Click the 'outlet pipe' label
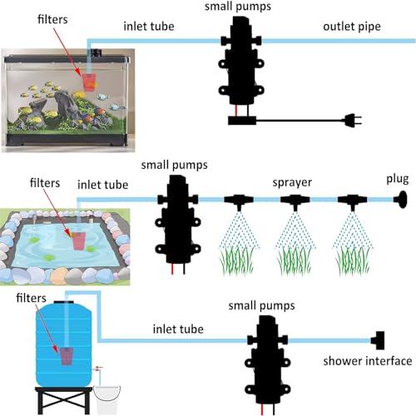coord(352,27)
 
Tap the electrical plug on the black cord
coord(353,121)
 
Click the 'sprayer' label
coord(292,182)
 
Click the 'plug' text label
coord(398,180)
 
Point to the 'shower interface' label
coord(368,361)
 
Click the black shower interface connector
coord(378,340)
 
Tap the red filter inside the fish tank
coord(89,82)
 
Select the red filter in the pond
coord(79,240)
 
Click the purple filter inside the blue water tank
coord(67,356)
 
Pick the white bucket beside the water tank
coord(106,399)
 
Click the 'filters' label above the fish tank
coord(52,19)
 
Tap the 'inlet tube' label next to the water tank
coord(178,329)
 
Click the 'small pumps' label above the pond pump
coord(174,165)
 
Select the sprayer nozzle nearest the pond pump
coord(239,201)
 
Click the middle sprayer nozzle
coord(295,201)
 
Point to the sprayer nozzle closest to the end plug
coord(352,201)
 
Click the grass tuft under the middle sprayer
coord(295,261)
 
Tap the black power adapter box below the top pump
coord(242,121)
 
